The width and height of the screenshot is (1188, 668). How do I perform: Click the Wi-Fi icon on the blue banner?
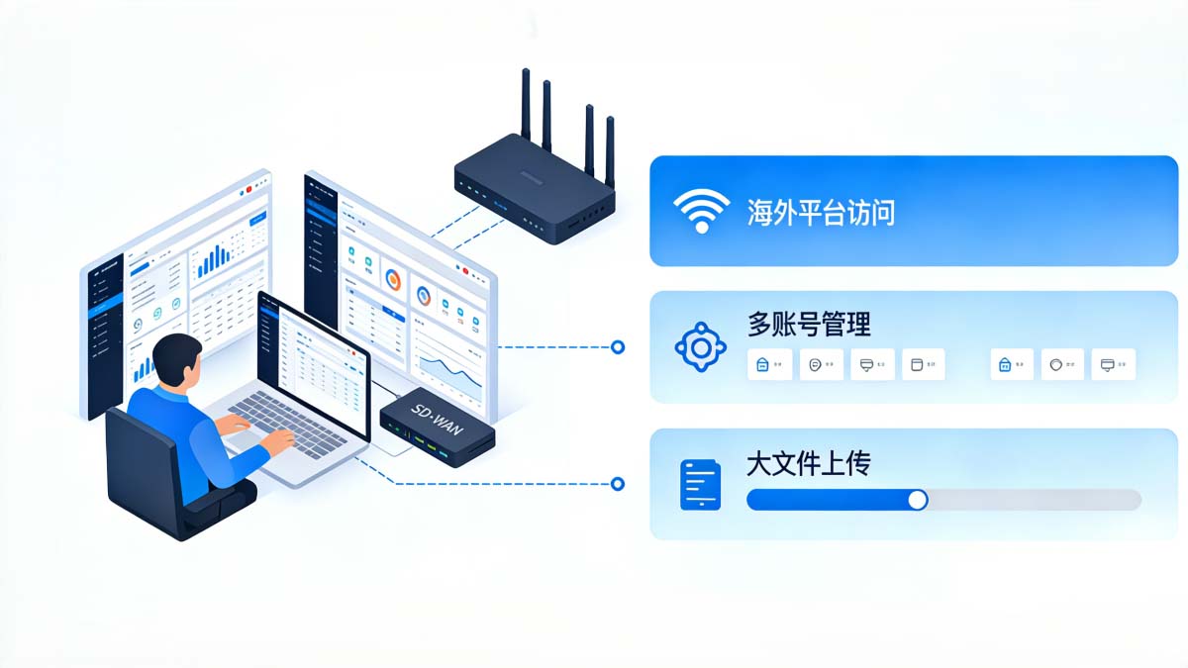tap(701, 210)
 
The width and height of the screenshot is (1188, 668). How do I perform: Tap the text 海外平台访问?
tap(821, 211)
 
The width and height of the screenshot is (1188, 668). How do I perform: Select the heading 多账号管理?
tap(809, 324)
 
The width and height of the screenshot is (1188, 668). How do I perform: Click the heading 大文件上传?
tap(809, 462)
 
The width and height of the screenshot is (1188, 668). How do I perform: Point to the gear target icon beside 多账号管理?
tap(701, 346)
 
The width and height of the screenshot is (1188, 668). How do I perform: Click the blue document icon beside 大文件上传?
tap(700, 485)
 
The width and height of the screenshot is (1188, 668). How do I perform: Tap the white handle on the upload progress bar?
tap(918, 500)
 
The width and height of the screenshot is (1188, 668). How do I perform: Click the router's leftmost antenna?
tap(526, 104)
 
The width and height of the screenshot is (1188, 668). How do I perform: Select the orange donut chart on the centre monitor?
tap(393, 280)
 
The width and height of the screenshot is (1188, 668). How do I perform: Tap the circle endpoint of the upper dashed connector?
tap(618, 346)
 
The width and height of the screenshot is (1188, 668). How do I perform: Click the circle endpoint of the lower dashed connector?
tap(618, 484)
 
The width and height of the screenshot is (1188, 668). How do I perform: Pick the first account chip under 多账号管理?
tap(768, 364)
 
